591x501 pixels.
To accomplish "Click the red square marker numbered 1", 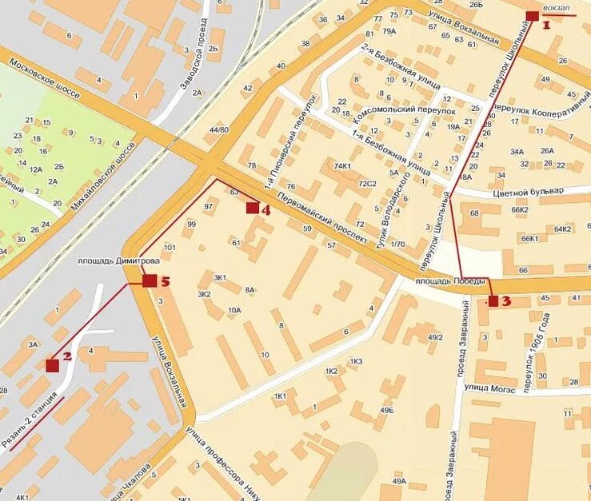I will point(533,16).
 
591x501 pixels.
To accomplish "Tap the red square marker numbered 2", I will point(53,365).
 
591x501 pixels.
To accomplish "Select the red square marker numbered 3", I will point(493,301).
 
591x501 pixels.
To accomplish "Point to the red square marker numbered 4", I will point(253,209).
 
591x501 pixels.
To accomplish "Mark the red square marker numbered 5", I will point(149,280).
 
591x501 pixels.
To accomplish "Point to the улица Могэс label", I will point(488,388).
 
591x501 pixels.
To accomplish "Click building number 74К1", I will point(342,166).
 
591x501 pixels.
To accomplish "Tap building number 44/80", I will point(218,129).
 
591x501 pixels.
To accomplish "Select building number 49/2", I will point(435,337).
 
